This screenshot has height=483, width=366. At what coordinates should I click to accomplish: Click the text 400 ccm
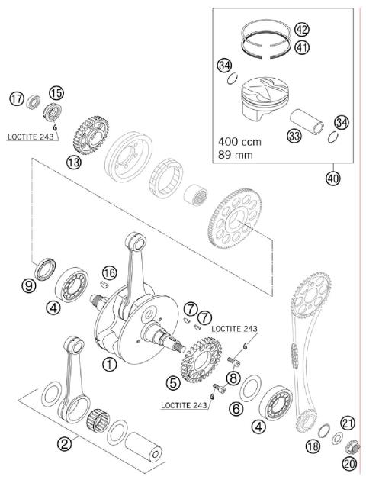[243, 143]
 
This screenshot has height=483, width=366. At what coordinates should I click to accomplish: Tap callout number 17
[16, 98]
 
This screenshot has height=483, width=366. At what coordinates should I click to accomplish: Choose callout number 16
[110, 272]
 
